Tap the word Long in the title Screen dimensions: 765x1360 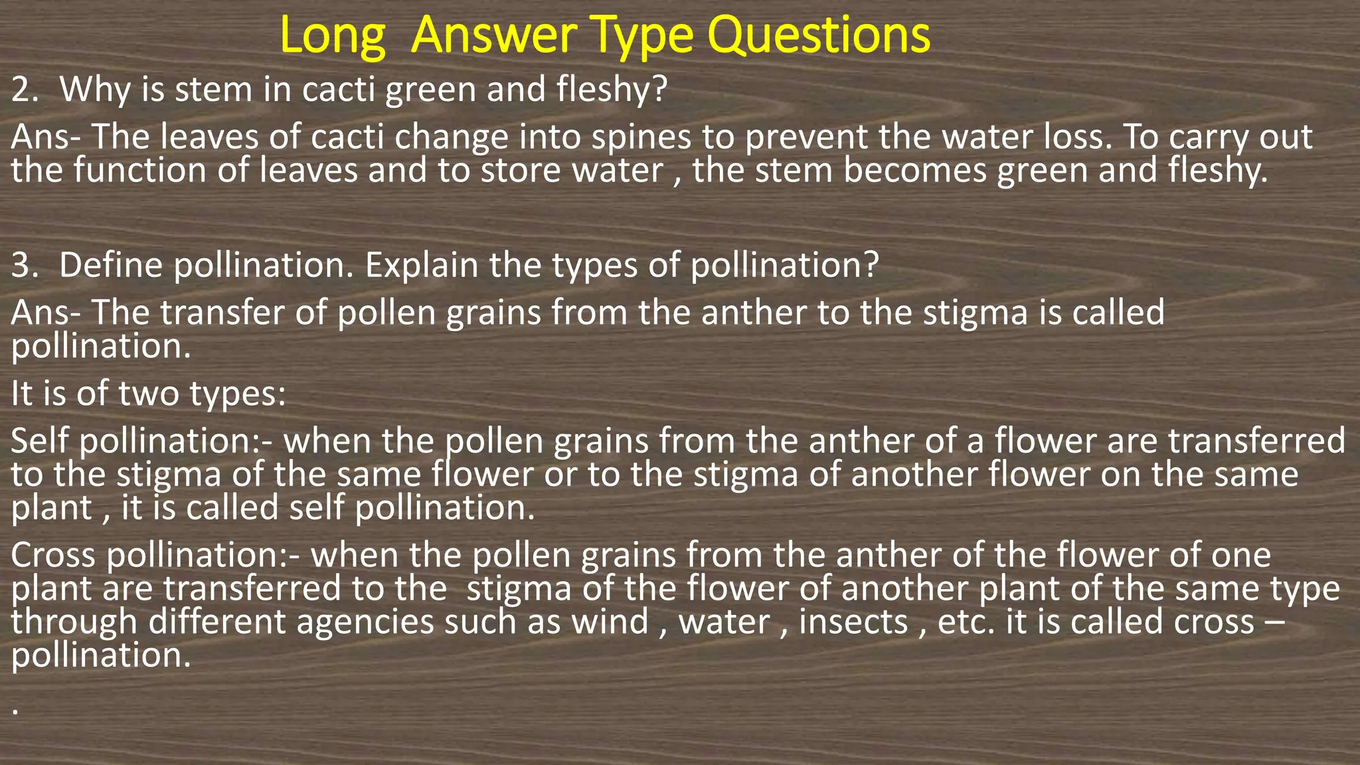click(x=333, y=37)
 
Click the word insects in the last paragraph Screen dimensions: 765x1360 click(x=853, y=622)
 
